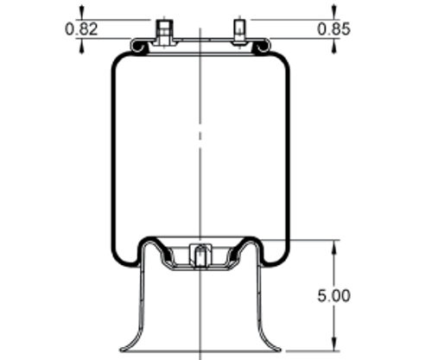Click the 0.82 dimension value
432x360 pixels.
80,28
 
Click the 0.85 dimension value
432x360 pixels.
334,28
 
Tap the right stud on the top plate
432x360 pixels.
240,32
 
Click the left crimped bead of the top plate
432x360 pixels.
138,45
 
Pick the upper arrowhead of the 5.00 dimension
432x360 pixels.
334,246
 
